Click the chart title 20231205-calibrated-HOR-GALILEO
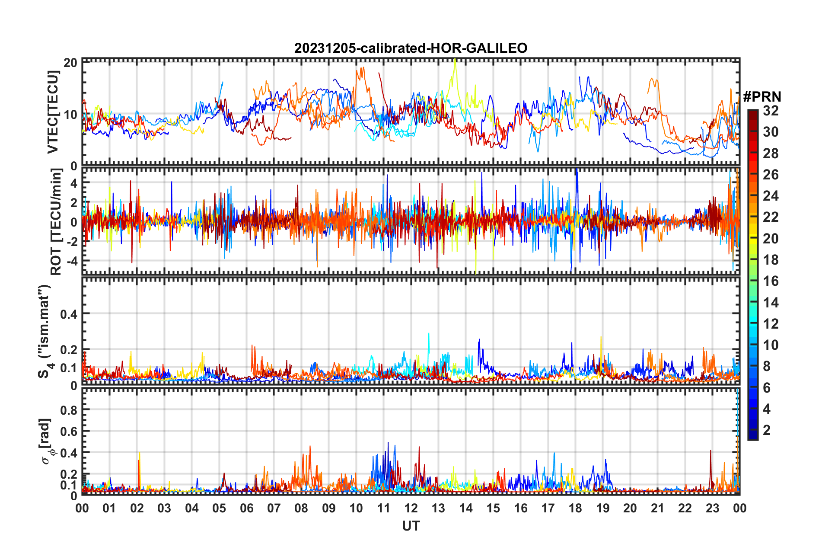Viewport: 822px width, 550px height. pyautogui.click(x=411, y=48)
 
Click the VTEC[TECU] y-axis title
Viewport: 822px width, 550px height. pyautogui.click(x=53, y=112)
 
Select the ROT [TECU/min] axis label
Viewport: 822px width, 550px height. pyautogui.click(x=56, y=222)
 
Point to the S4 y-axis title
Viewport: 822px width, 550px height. pyautogui.click(x=45, y=331)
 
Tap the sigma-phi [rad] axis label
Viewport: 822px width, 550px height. pyautogui.click(x=47, y=441)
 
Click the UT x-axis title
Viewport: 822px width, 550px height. pyautogui.click(x=411, y=526)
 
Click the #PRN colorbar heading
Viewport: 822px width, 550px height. pyautogui.click(x=762, y=97)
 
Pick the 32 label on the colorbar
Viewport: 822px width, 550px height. pyautogui.click(x=771, y=111)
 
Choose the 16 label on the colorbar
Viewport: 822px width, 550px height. pyautogui.click(x=771, y=281)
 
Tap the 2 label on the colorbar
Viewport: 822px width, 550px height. pyautogui.click(x=767, y=430)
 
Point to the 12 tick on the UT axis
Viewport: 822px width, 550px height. pyautogui.click(x=411, y=508)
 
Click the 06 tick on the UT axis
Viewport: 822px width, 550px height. pyautogui.click(x=247, y=508)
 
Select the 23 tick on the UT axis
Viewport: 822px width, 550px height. pyautogui.click(x=712, y=508)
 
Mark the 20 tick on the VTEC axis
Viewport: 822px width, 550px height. pyautogui.click(x=70, y=63)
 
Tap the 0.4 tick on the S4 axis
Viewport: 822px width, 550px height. pyautogui.click(x=69, y=314)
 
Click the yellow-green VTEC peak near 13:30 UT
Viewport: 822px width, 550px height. pyautogui.click(x=455, y=61)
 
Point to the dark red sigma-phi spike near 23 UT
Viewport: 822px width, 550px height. pyautogui.click(x=710, y=451)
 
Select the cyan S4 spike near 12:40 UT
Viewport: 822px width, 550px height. pyautogui.click(x=429, y=334)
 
